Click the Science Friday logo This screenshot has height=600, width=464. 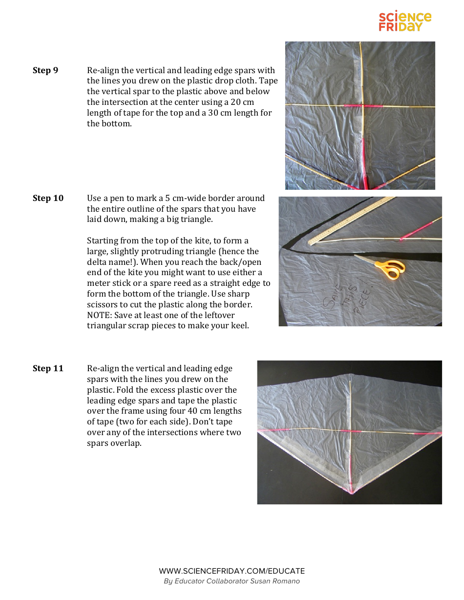[x=405, y=22]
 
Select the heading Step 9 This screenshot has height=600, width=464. [x=45, y=70]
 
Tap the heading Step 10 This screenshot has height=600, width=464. [x=48, y=198]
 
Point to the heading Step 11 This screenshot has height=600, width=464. [x=48, y=368]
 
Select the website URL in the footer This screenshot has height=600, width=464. [x=232, y=571]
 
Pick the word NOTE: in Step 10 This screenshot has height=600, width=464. [x=99, y=315]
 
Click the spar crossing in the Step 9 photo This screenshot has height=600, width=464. [x=362, y=106]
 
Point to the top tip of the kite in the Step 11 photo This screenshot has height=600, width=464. [x=351, y=375]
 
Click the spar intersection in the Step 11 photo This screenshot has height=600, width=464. [x=350, y=431]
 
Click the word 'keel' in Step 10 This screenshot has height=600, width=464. [x=239, y=326]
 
